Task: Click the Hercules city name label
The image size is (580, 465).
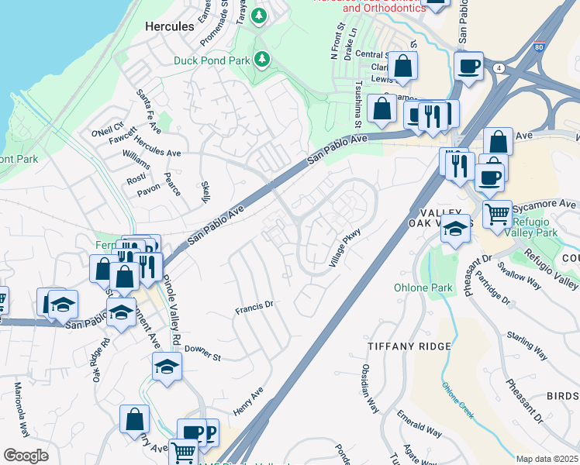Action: click(x=169, y=26)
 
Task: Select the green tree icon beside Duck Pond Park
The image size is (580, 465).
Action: click(x=262, y=58)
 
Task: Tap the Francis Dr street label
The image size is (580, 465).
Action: click(x=254, y=308)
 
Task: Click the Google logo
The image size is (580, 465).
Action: click(x=26, y=455)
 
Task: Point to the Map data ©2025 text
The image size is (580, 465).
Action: click(x=547, y=459)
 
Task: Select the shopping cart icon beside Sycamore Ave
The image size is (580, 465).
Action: click(x=498, y=213)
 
